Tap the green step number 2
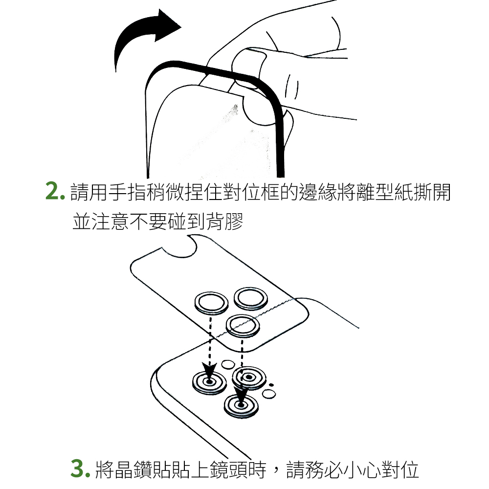[55, 191]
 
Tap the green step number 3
[80, 468]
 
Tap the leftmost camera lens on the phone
[209, 382]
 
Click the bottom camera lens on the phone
[241, 406]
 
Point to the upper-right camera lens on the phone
[249, 378]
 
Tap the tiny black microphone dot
[271, 385]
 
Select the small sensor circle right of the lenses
[269, 394]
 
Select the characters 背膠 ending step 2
[224, 221]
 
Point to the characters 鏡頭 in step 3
[228, 469]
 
